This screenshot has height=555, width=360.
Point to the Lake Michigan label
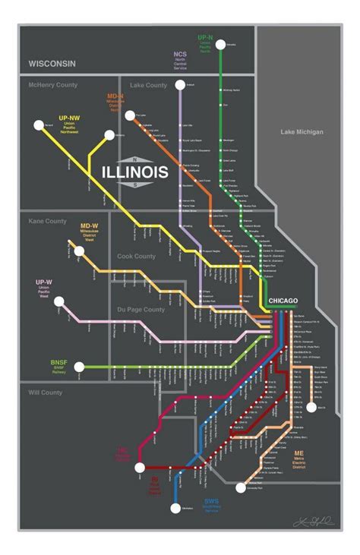coord(302,132)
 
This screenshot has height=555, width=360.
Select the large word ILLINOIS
coord(135,173)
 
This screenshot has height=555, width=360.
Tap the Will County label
coord(45,394)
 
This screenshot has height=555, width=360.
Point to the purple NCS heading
coord(179,55)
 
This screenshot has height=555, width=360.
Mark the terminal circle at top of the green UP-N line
coord(221,46)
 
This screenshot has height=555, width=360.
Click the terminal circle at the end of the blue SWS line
coord(176,509)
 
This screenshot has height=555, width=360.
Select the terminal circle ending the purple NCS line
coord(180,86)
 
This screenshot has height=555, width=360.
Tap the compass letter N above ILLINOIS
coord(134,159)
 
